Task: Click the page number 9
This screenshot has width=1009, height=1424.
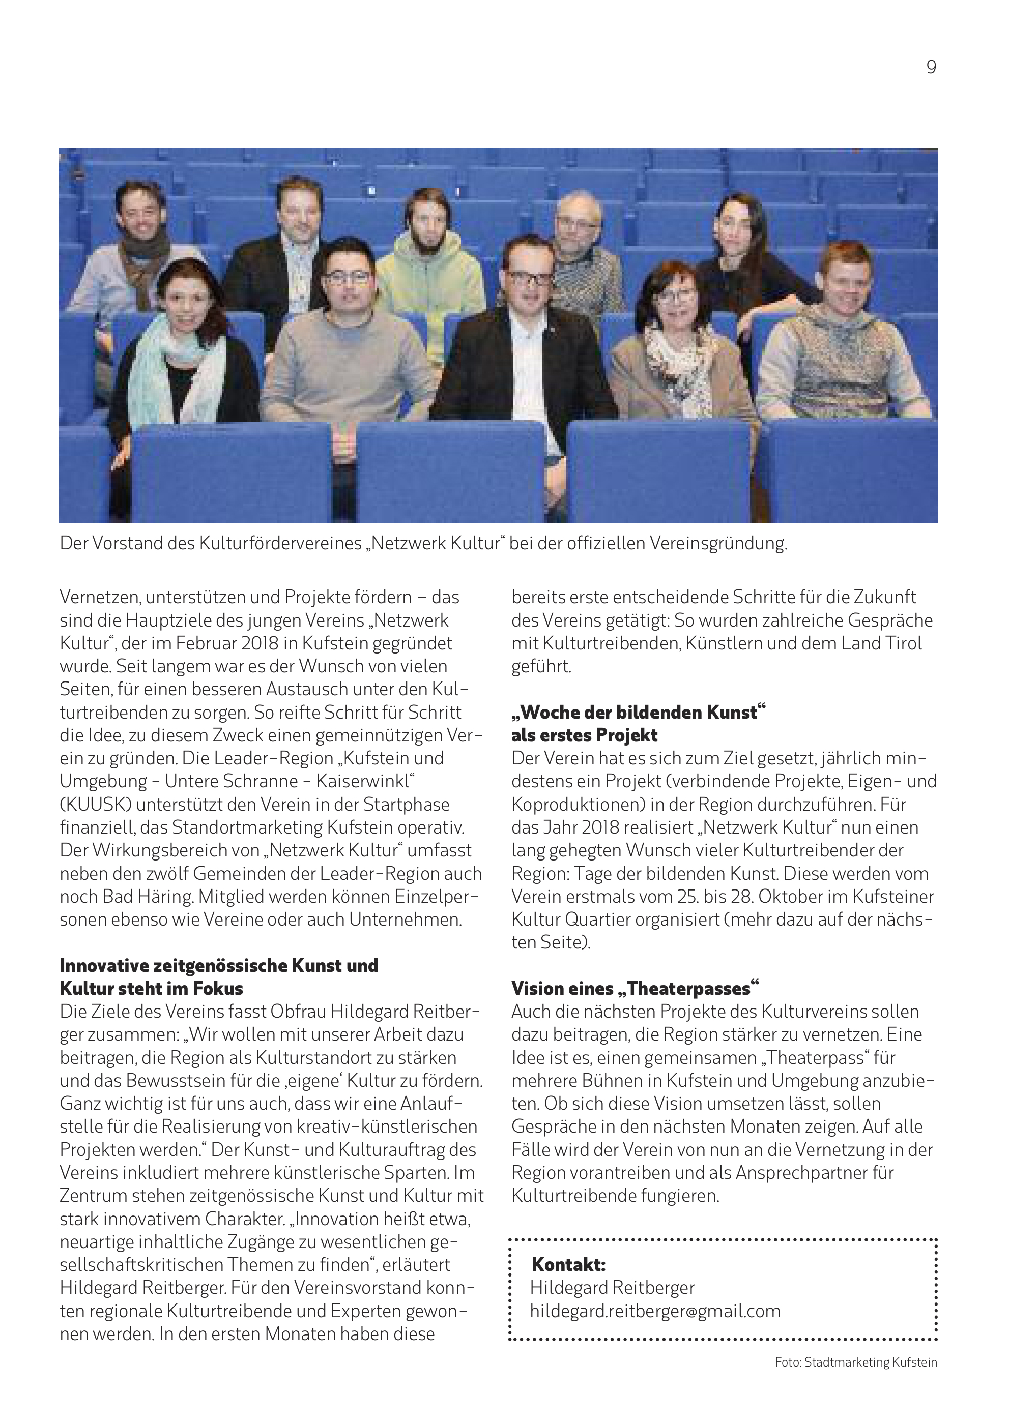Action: [x=931, y=67]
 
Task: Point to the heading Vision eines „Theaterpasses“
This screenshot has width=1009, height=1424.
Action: [x=636, y=988]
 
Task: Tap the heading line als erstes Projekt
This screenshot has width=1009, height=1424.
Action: [x=584, y=735]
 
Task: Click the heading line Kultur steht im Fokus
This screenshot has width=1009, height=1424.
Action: [x=152, y=988]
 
